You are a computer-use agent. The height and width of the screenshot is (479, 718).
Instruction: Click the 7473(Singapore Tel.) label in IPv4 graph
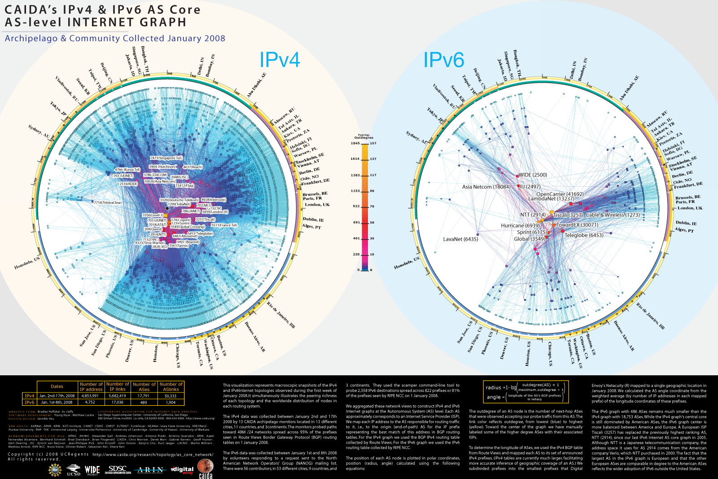(x=166, y=158)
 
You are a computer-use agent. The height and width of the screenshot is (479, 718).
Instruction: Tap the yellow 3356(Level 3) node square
(x=166, y=215)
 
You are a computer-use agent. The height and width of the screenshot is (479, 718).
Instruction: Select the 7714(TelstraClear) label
(x=108, y=202)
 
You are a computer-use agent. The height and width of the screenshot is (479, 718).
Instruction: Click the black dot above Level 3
(x=167, y=208)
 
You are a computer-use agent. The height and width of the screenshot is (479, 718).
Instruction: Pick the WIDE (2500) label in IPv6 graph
(x=533, y=175)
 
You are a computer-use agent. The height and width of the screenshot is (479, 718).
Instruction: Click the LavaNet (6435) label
(x=460, y=239)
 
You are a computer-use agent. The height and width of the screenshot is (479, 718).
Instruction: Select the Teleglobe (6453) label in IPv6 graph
(x=584, y=235)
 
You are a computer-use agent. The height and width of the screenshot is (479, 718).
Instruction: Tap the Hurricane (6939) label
(x=520, y=225)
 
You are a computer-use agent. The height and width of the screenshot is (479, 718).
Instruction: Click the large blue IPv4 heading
(x=280, y=60)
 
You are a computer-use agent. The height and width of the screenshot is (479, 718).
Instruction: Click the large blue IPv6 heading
(x=443, y=60)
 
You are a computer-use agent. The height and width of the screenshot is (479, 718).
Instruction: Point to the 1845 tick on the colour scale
(x=355, y=144)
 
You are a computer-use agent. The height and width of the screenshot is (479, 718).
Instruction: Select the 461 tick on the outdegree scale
(x=356, y=238)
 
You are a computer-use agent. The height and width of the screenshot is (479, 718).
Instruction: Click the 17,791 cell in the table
(x=144, y=396)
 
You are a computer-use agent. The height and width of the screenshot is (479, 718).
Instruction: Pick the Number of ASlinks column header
(x=171, y=387)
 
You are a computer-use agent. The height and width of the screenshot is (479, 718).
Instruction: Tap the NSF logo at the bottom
(x=55, y=470)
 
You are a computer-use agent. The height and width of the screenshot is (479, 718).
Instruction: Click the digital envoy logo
(x=182, y=470)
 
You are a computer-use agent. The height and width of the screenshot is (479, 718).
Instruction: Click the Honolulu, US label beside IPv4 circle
(x=27, y=264)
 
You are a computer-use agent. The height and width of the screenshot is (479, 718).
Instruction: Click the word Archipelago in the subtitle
(x=31, y=39)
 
